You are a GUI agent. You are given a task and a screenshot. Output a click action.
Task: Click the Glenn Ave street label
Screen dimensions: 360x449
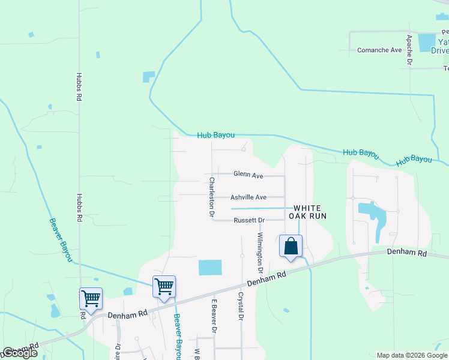point(249,176)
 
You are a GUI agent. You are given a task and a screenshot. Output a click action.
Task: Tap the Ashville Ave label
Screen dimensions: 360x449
point(249,197)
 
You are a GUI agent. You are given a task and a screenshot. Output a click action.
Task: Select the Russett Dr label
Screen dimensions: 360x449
point(249,220)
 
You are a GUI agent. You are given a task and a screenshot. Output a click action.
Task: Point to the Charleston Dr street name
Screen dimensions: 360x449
point(212,196)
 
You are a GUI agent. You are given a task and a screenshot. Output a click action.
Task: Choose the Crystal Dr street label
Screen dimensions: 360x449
point(241,305)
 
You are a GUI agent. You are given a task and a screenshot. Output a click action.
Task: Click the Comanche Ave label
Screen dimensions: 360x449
point(379,50)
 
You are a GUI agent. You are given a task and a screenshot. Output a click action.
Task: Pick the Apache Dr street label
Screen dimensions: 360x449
point(409,49)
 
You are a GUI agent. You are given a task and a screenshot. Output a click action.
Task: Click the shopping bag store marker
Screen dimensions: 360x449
point(291,247)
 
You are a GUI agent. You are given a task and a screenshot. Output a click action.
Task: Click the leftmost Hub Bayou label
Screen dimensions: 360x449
point(215,136)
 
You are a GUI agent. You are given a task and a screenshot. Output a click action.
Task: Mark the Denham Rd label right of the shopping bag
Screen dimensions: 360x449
point(406,253)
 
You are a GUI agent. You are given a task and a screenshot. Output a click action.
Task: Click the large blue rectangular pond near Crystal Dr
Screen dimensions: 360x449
point(209,268)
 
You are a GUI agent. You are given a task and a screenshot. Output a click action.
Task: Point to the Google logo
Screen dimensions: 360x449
point(20,353)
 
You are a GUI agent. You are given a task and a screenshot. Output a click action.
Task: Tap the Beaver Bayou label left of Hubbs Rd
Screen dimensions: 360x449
point(60,239)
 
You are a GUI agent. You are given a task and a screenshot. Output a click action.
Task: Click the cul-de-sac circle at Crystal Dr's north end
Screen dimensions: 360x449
point(243,256)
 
